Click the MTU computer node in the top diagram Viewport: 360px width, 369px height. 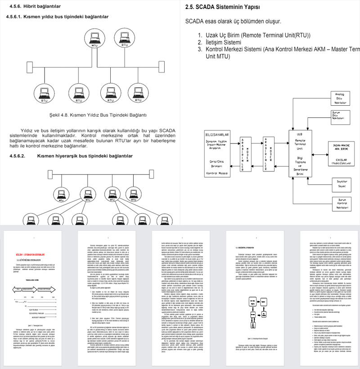(94, 40)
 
